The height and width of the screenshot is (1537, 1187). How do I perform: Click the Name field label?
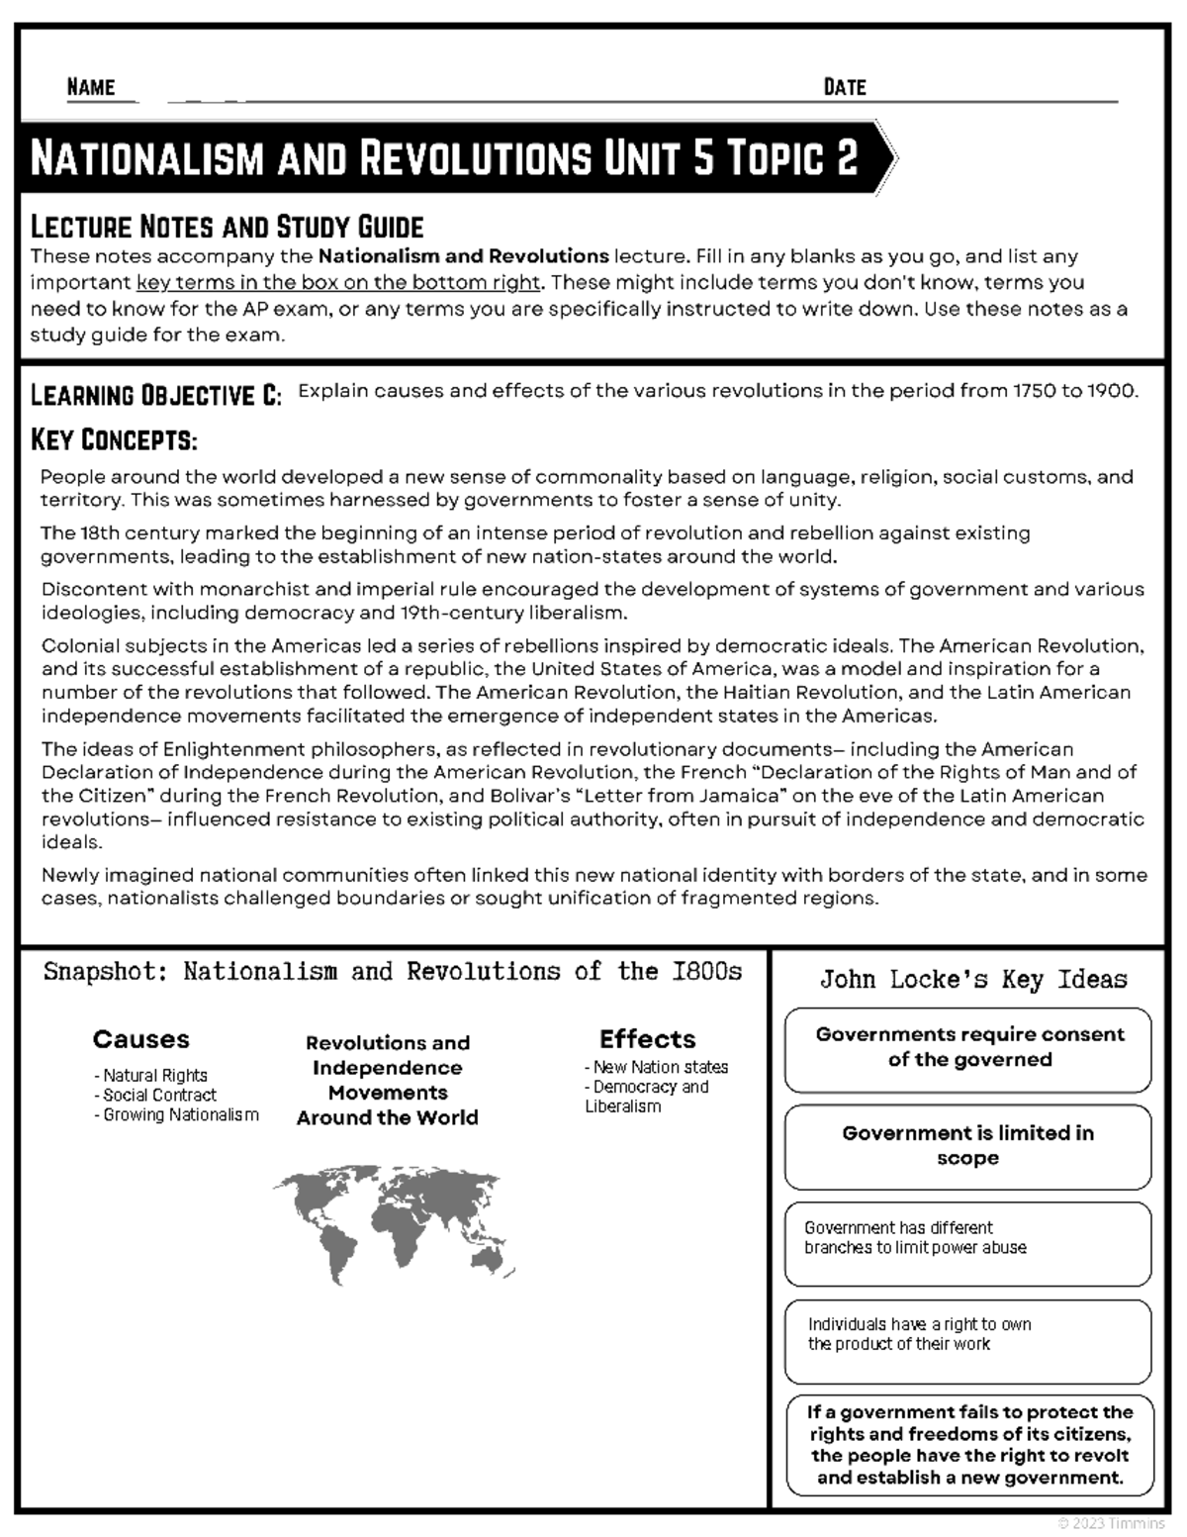click(91, 87)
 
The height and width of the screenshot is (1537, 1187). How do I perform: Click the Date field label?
click(844, 87)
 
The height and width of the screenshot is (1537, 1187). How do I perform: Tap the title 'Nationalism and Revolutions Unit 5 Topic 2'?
click(444, 158)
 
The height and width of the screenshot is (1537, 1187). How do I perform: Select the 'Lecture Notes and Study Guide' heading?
click(227, 227)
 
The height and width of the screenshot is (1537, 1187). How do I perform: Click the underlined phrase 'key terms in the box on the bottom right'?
click(338, 282)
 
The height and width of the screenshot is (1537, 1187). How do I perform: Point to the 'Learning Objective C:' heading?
click(156, 395)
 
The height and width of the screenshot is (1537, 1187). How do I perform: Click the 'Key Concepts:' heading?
click(114, 438)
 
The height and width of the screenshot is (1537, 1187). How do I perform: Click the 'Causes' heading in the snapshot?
click(140, 1039)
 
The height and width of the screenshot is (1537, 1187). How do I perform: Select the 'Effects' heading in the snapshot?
click(647, 1039)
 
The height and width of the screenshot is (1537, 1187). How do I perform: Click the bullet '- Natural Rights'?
click(150, 1075)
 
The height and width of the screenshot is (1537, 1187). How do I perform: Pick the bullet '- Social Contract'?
click(154, 1095)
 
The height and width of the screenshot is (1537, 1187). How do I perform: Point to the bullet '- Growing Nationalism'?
click(176, 1114)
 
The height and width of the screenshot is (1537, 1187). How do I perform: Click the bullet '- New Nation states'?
click(656, 1067)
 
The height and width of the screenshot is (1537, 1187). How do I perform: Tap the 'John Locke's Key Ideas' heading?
click(973, 980)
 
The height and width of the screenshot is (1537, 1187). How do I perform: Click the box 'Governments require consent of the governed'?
click(968, 1048)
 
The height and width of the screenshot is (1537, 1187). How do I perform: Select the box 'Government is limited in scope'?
click(968, 1146)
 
